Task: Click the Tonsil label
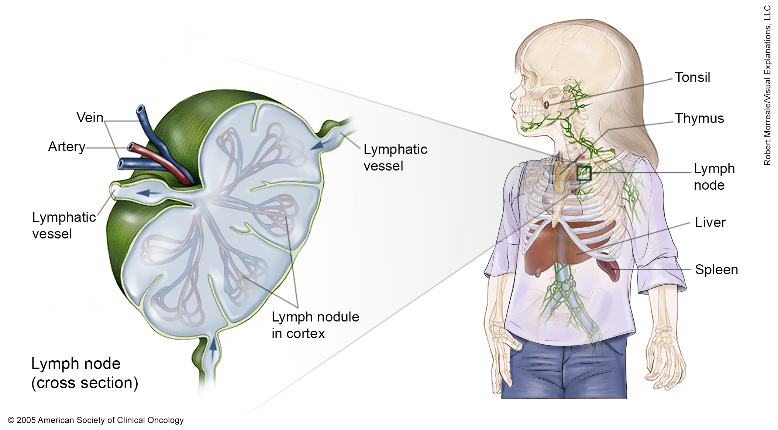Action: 692,78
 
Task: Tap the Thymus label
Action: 699,118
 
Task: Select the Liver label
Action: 710,222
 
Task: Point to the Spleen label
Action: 716,270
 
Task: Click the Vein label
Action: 90,117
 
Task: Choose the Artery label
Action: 66,147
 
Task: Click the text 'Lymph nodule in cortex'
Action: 315,325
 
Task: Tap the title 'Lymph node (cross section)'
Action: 85,373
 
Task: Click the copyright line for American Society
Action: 96,420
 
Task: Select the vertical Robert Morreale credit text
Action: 768,85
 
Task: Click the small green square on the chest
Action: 584,173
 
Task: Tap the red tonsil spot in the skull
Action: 547,105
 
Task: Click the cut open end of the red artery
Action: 130,147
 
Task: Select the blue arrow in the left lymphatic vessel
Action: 147,192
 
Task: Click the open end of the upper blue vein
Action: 140,109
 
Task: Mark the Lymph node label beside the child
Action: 714,177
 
